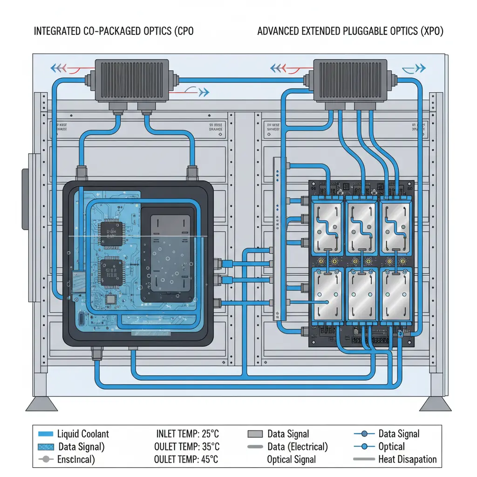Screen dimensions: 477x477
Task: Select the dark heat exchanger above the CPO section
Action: pos(131,80)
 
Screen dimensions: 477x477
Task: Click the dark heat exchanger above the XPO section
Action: pos(350,80)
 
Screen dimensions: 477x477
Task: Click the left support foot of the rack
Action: pos(42,404)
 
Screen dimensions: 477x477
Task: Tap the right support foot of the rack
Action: pos(435,404)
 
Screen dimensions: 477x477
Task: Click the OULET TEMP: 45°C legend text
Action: pos(186,459)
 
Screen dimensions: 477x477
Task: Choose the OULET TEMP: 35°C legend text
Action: pos(186,447)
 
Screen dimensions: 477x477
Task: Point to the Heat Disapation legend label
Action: pos(408,459)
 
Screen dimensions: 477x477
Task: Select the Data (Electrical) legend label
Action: pos(298,447)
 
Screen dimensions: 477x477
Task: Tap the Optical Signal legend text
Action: pos(291,459)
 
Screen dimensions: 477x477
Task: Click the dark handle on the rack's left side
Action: pos(25,199)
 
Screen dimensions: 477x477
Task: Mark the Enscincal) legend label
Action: pos(76,459)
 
